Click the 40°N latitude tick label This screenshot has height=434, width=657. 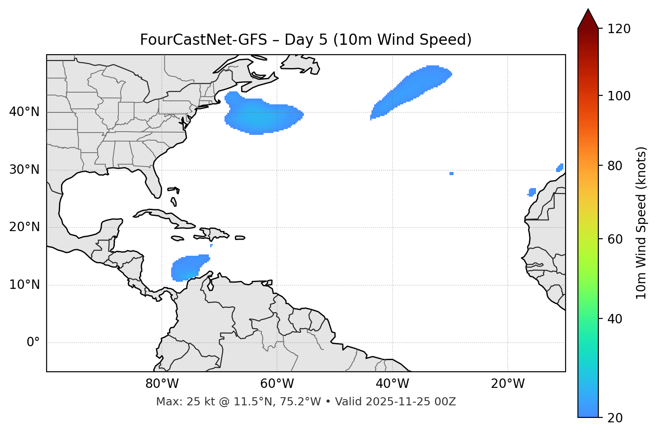point(24,112)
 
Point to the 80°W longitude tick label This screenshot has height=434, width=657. point(162,384)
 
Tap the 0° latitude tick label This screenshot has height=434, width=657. point(33,343)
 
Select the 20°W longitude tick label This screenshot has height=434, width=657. point(508,384)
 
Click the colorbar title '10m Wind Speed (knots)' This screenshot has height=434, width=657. point(641,223)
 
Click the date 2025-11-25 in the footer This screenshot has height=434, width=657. point(395,402)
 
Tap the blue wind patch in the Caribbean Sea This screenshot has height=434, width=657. point(188,268)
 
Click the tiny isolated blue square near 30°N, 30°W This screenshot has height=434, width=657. point(451,173)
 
